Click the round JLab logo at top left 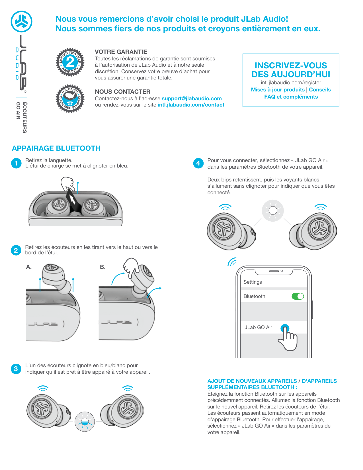click(21, 22)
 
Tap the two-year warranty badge click(70, 62)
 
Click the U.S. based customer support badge click(70, 99)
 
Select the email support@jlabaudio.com click(192, 99)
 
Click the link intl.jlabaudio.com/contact click(191, 105)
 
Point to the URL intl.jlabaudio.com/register click(291, 83)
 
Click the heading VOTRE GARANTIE click(121, 52)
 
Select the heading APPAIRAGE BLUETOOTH click(56, 148)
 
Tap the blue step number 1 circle click(16, 163)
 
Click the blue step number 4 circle click(198, 163)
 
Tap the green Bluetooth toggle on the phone click(298, 296)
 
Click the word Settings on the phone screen click(253, 282)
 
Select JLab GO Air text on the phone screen click(258, 327)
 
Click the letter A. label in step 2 click(29, 267)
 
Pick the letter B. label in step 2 click(103, 267)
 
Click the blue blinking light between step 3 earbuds click(85, 422)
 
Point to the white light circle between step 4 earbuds click(273, 211)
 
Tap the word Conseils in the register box click(320, 90)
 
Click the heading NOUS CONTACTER click(122, 92)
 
